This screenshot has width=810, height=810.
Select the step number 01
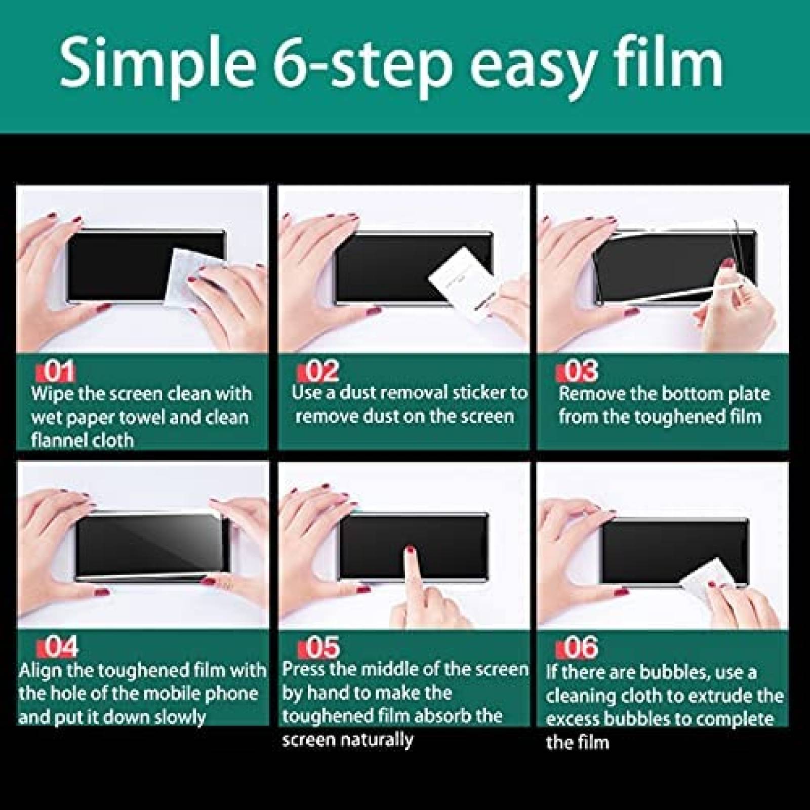coord(59,372)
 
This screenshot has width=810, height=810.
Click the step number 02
coord(322,372)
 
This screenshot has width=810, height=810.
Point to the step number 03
coord(581,372)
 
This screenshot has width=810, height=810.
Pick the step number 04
coord(61,647)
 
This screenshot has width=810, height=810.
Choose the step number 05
coord(322,647)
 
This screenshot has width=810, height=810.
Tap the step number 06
coord(582,647)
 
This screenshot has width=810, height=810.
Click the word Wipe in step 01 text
coord(52,394)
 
